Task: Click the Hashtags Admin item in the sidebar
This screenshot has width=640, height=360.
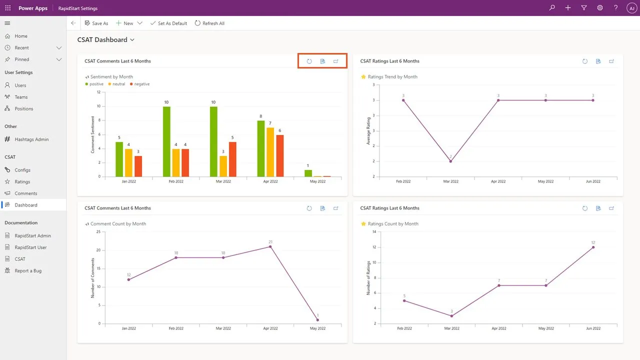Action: (x=31, y=139)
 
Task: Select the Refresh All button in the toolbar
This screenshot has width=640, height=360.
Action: (x=209, y=23)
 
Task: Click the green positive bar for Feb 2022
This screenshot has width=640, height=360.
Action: (x=166, y=141)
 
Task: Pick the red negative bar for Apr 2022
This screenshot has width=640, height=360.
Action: (x=279, y=155)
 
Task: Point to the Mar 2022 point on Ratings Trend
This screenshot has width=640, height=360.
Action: (x=450, y=161)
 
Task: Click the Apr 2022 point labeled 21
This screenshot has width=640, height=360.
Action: (x=270, y=246)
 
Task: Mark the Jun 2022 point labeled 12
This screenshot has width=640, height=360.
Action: (x=593, y=247)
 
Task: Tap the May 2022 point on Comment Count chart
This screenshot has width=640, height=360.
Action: (x=317, y=320)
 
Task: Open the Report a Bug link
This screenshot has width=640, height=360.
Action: (x=28, y=270)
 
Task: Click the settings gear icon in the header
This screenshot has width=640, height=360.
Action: (x=599, y=8)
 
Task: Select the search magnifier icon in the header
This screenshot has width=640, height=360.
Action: (x=552, y=8)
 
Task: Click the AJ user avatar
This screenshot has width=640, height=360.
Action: (x=631, y=8)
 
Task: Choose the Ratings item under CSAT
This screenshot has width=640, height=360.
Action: (x=22, y=181)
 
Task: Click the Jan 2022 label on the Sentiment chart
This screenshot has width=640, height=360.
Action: (x=128, y=181)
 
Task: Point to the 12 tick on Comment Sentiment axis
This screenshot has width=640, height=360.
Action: (x=98, y=92)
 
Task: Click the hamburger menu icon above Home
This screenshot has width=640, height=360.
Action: (x=7, y=23)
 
